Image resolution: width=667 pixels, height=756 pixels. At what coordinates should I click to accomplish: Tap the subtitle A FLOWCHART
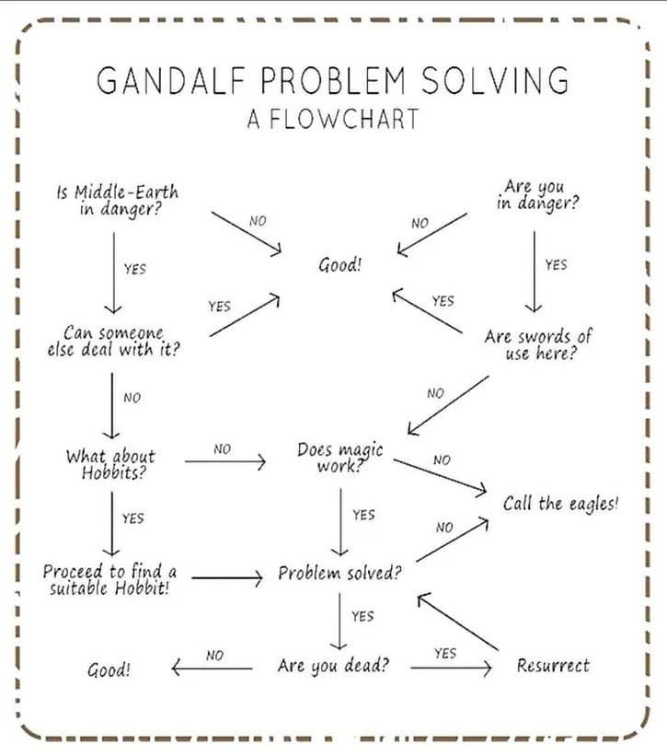point(332,119)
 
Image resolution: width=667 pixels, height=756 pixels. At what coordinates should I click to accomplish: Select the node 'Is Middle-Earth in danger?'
point(116,200)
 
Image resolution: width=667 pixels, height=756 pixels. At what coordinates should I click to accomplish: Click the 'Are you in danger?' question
point(538,195)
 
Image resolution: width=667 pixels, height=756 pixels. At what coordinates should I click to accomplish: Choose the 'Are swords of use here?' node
point(538,344)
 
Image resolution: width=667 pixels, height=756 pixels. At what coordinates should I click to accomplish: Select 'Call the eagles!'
point(561,504)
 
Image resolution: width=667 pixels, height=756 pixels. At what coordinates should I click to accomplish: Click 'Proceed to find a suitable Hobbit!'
point(110,579)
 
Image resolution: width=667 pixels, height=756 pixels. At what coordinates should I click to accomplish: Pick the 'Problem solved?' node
point(340,574)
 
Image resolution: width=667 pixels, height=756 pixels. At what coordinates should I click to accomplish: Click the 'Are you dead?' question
point(333,665)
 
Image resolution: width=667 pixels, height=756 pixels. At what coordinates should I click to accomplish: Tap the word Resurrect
point(553,665)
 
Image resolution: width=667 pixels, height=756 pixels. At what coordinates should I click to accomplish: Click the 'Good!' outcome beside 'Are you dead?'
point(109,669)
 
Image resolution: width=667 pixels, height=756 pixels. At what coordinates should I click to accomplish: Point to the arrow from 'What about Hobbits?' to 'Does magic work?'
point(224,460)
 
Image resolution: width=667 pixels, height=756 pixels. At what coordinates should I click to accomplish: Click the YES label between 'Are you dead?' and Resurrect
point(444,653)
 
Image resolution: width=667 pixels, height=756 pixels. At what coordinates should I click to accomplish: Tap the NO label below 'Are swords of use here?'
point(435,393)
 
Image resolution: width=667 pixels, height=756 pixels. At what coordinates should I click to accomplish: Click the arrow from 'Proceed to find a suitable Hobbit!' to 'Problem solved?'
point(226,578)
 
